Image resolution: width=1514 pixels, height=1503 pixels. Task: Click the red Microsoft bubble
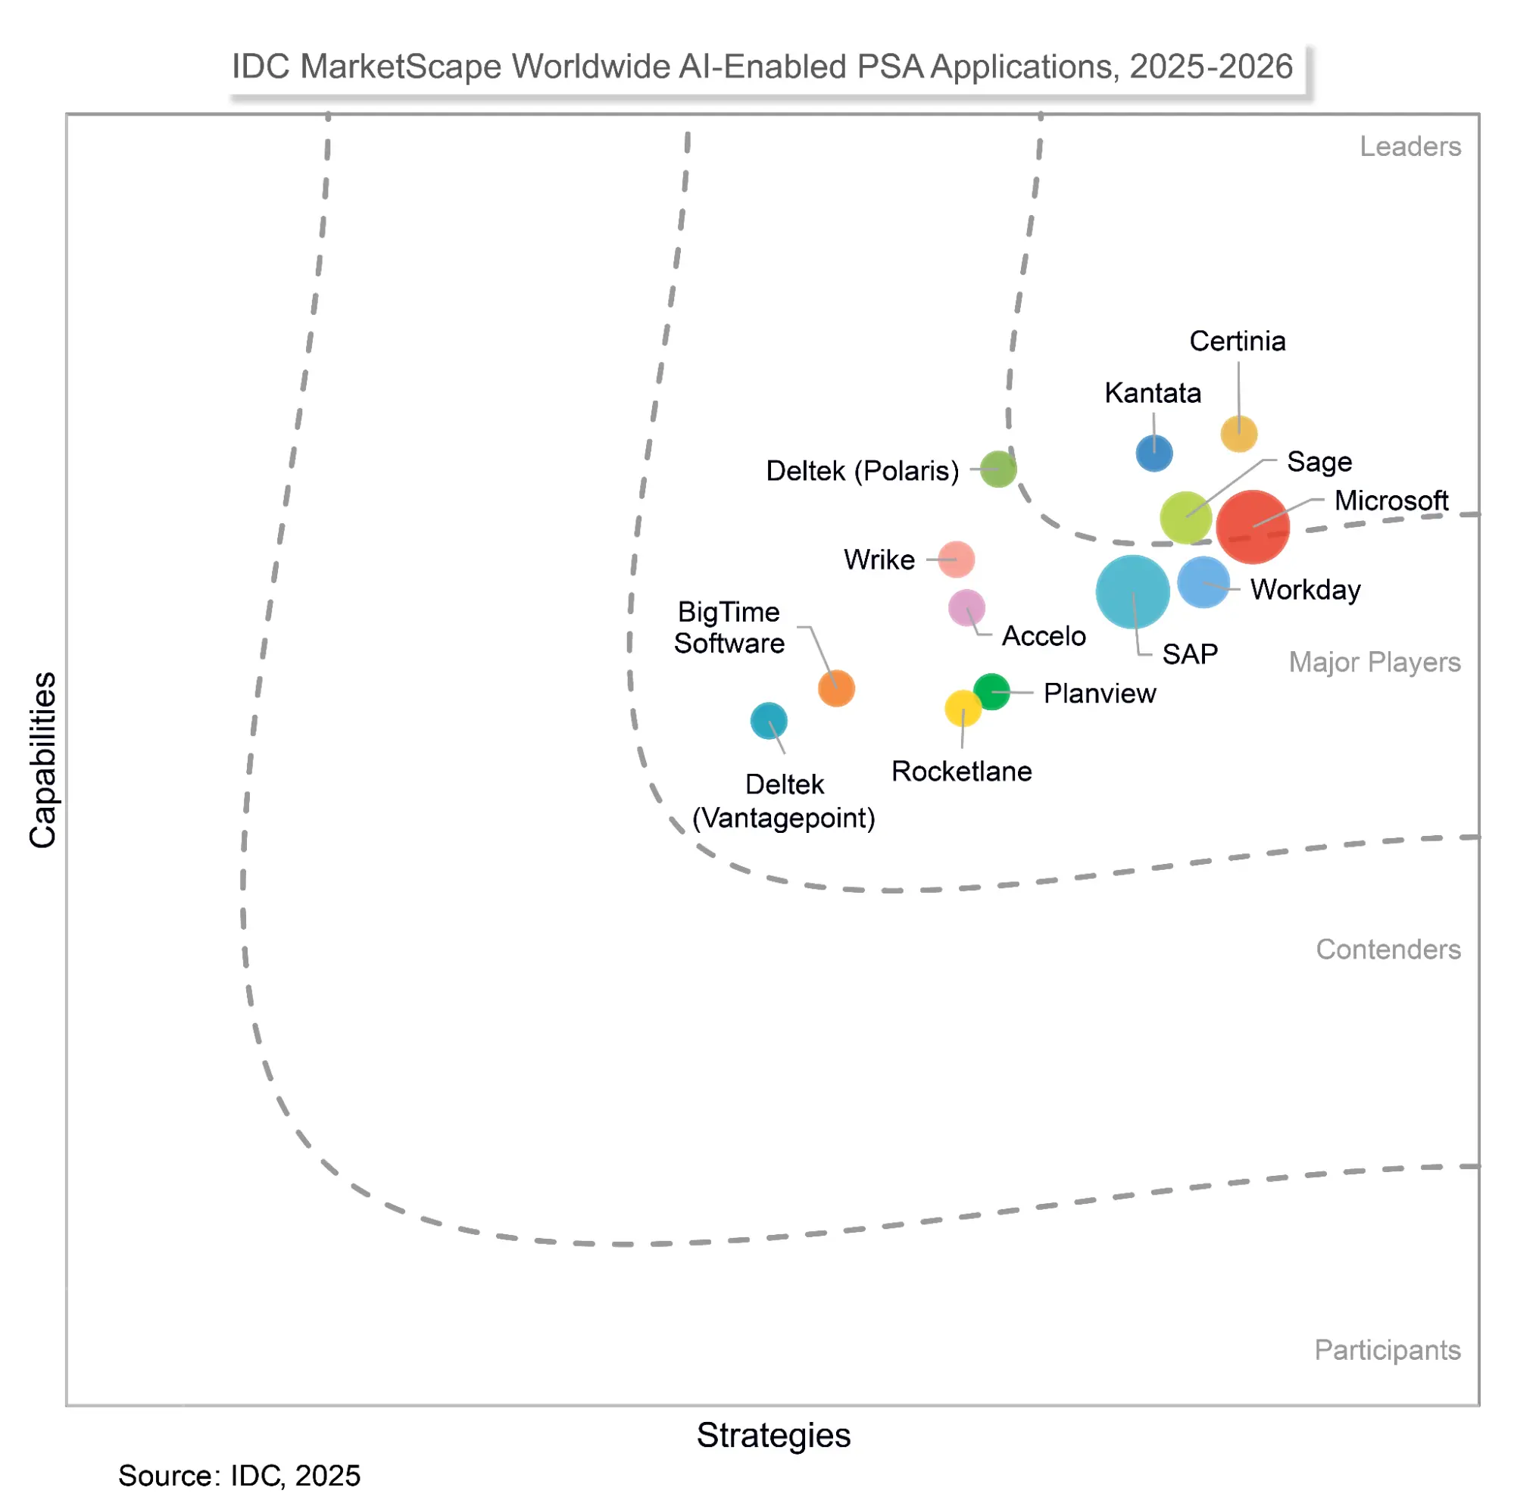[x=1251, y=526]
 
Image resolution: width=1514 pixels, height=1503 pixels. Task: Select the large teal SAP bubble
[x=1132, y=591]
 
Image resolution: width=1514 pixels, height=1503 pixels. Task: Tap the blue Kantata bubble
[x=1153, y=453]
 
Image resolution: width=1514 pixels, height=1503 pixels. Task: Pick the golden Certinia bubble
[x=1238, y=433]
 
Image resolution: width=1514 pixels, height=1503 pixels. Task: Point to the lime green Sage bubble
[x=1185, y=517]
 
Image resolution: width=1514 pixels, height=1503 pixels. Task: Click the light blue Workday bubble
[x=1203, y=582]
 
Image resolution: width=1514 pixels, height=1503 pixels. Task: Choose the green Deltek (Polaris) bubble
[x=997, y=469]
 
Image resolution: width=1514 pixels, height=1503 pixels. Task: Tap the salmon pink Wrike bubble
[x=956, y=559]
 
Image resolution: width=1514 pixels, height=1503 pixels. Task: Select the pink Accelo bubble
[x=966, y=607]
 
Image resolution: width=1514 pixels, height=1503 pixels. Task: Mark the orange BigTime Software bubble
[x=836, y=688]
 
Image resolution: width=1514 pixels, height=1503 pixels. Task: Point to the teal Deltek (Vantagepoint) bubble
[x=768, y=720]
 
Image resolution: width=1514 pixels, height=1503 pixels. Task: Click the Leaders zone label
[x=1409, y=147]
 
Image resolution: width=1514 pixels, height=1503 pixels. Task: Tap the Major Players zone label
[x=1374, y=663]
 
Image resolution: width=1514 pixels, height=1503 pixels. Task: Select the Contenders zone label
[x=1387, y=949]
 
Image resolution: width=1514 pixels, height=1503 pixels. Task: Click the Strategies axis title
[x=773, y=1435]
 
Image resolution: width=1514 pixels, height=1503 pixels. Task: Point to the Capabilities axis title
[x=43, y=759]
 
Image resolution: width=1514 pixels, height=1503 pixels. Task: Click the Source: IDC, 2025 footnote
[x=239, y=1476]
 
